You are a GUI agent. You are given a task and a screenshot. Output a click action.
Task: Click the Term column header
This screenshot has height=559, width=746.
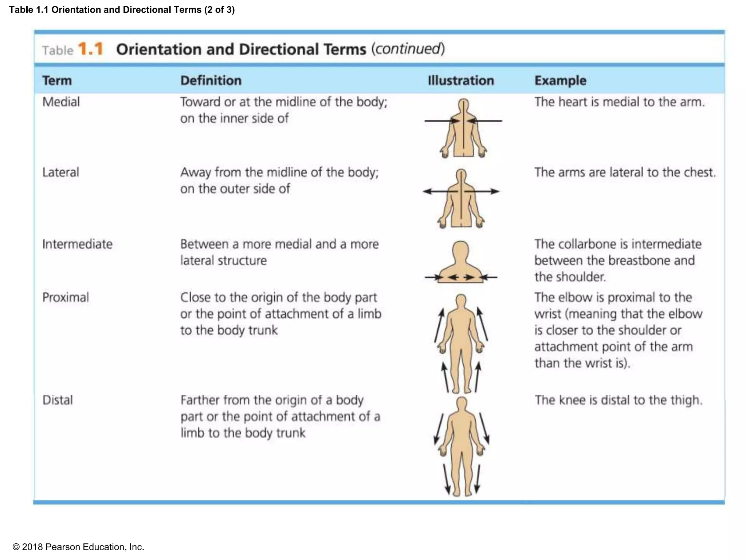point(57,80)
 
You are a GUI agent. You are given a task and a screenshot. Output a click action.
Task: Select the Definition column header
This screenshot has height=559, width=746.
point(211,80)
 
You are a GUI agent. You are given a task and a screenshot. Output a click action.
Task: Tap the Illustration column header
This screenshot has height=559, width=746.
point(461,80)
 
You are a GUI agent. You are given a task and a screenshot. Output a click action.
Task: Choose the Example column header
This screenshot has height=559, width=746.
point(560,80)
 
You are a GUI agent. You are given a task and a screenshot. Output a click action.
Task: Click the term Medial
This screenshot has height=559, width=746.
point(61,102)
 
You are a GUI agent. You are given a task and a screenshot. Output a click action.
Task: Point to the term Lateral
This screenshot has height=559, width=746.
point(60,172)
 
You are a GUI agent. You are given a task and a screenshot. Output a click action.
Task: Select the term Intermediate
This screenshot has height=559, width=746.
point(77,244)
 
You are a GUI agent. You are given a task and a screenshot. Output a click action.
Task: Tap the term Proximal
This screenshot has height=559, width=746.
point(66,297)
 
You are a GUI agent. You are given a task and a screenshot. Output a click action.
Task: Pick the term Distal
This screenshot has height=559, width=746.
point(58,400)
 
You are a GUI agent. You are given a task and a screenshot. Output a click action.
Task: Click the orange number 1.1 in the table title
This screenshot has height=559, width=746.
point(91,49)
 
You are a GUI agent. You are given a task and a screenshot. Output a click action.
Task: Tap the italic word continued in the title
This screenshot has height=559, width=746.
point(408,49)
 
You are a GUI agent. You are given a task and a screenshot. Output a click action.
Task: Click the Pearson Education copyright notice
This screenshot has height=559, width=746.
point(78,547)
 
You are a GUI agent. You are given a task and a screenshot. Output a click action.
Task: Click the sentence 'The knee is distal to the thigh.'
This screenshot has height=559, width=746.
point(618,400)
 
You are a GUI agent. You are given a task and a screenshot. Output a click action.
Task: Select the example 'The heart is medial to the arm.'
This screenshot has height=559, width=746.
point(619,102)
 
